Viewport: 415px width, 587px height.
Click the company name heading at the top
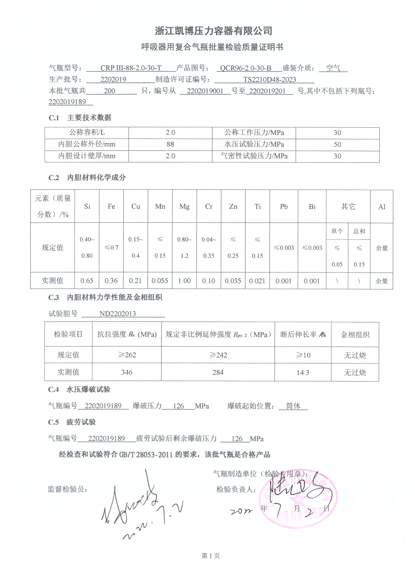click(213, 31)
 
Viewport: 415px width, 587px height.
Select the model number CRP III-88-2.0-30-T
click(131, 68)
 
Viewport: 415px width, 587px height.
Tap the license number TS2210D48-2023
click(269, 80)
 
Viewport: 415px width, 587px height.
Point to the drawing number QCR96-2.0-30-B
click(245, 68)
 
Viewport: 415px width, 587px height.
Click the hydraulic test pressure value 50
click(337, 144)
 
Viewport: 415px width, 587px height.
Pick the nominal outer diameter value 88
click(170, 144)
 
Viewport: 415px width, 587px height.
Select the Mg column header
click(184, 207)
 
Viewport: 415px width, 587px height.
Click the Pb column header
click(284, 207)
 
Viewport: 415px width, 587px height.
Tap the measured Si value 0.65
click(87, 281)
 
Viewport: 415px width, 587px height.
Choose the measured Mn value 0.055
click(160, 281)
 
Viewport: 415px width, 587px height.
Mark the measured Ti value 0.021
click(257, 281)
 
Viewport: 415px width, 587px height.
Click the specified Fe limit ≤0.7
click(111, 248)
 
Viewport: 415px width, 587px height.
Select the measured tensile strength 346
click(127, 372)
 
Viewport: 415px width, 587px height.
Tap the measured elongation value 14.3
click(303, 373)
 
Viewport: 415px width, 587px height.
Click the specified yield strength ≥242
click(218, 355)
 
